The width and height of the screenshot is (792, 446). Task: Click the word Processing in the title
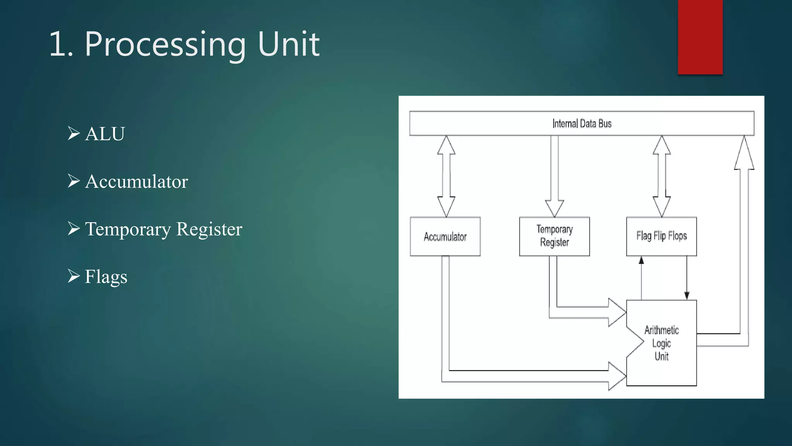point(165,45)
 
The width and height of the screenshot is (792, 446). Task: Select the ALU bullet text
point(105,134)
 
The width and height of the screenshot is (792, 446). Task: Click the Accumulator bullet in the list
point(136,182)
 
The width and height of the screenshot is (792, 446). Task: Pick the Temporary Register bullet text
point(163,229)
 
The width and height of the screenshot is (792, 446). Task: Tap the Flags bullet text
point(106,277)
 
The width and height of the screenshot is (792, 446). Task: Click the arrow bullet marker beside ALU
point(73,133)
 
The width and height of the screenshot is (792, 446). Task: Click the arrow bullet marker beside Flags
point(73,276)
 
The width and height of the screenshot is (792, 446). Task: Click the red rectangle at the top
point(700,37)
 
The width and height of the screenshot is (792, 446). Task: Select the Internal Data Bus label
point(582,124)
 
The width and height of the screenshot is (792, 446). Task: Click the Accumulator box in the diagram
point(445,237)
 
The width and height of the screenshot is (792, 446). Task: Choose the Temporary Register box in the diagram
point(554,236)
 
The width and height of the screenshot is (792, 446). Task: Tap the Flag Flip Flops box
point(661,236)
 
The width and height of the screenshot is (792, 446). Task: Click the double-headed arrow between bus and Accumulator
point(446,176)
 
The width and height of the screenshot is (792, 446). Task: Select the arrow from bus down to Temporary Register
point(554,176)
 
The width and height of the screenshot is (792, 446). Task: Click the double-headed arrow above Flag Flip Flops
point(661,176)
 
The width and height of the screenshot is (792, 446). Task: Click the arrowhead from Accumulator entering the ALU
point(616,376)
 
